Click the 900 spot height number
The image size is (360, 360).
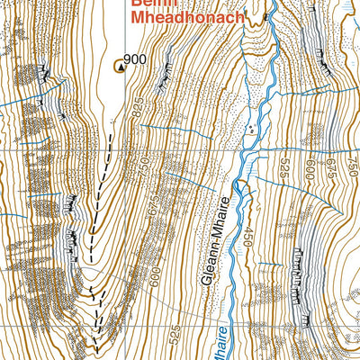pyautogui.click(x=135, y=60)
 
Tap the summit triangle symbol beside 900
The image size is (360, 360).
pyautogui.click(x=118, y=65)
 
